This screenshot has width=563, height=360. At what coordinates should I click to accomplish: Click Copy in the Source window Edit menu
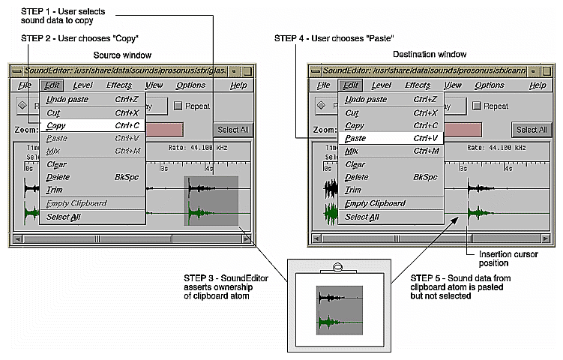click(56, 126)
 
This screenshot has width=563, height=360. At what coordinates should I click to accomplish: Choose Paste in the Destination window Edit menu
click(355, 139)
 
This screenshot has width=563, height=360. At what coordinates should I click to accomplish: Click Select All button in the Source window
click(233, 130)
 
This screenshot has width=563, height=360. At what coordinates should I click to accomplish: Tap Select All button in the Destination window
click(531, 130)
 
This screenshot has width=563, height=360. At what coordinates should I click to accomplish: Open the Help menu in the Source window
click(238, 85)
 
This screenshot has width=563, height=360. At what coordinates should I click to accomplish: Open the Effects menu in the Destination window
click(418, 85)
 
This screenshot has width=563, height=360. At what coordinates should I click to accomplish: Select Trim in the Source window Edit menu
click(54, 190)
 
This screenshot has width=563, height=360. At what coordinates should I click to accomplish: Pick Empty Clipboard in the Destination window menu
click(375, 203)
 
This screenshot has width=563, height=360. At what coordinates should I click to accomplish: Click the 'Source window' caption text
click(122, 55)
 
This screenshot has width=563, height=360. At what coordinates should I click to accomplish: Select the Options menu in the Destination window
click(489, 85)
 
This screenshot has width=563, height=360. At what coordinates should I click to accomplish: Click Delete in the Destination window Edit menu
click(355, 178)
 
